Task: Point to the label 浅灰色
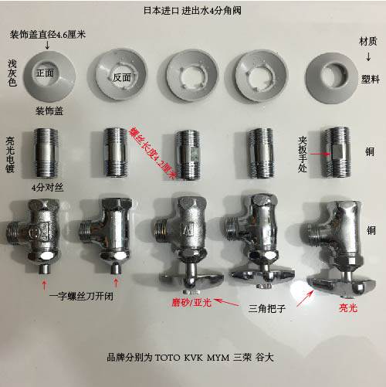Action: coord(12,72)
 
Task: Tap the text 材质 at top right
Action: coord(368,40)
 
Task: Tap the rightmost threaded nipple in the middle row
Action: coord(336,149)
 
